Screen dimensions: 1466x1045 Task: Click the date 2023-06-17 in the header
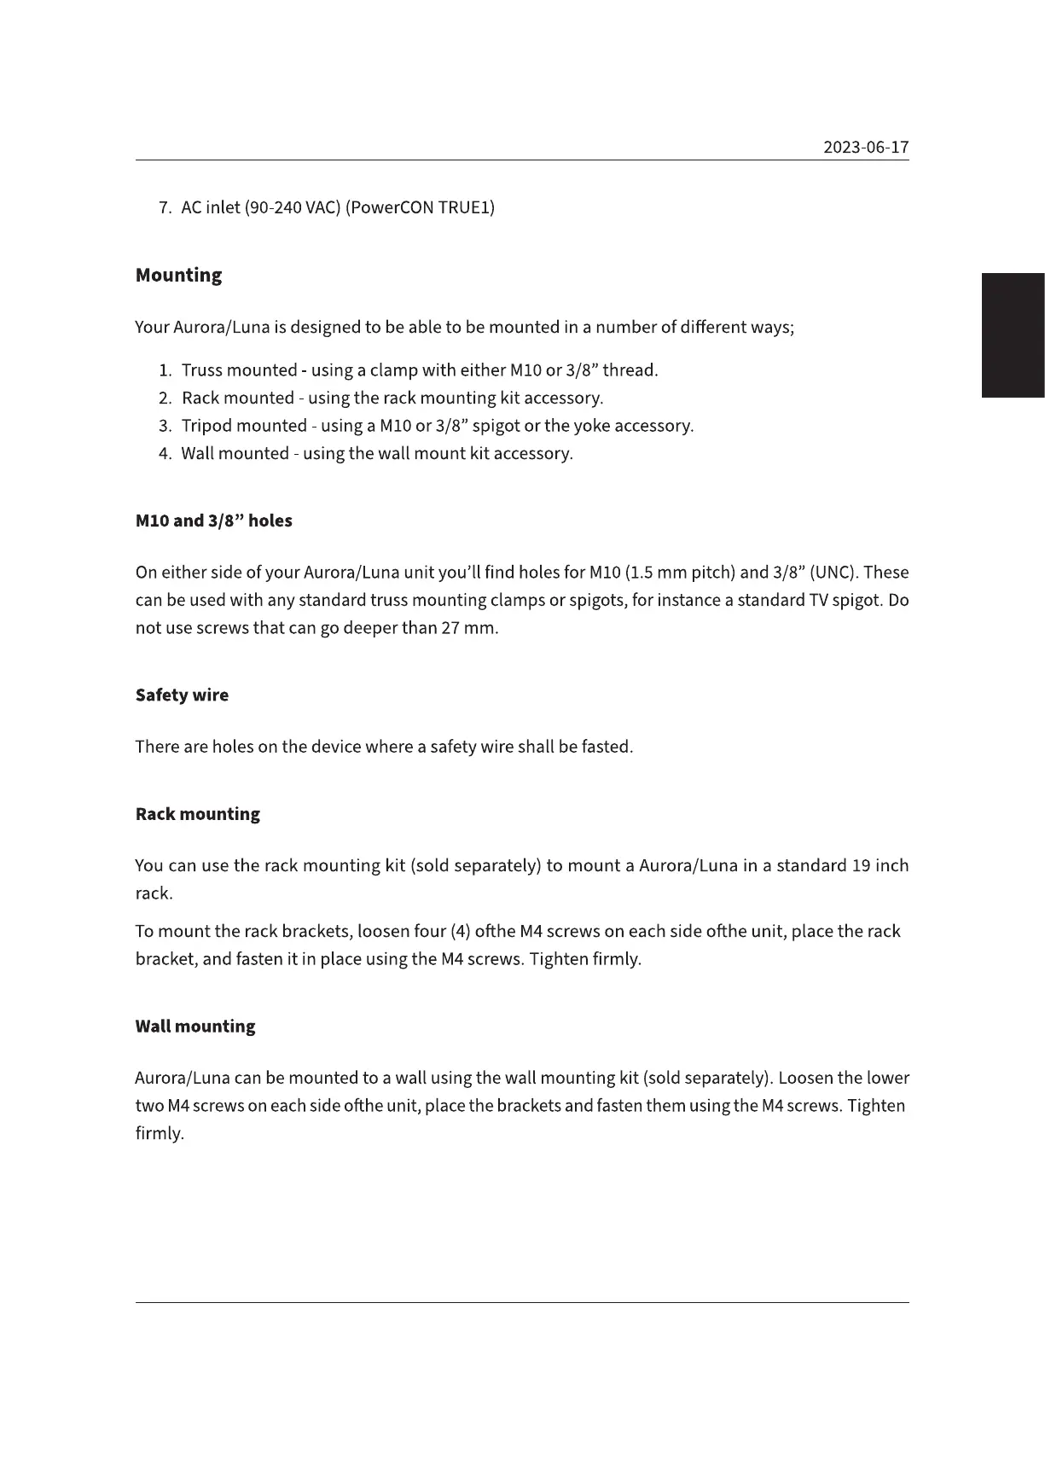coord(866,148)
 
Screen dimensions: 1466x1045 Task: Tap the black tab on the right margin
coord(1013,335)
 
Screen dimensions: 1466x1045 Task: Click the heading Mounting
coord(178,276)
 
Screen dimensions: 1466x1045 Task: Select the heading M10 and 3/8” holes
coord(213,521)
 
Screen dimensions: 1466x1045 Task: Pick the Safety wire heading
coord(182,695)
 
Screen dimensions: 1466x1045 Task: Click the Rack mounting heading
coord(197,814)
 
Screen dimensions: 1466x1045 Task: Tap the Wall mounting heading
coord(194,1027)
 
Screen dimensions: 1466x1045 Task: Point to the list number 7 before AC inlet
coord(165,207)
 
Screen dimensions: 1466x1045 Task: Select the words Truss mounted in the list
coord(239,370)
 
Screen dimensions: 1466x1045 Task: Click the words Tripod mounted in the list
coord(244,426)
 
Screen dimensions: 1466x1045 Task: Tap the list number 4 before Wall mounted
coord(165,454)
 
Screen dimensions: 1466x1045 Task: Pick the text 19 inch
coord(880,866)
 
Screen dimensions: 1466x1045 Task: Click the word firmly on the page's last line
coord(159,1134)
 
